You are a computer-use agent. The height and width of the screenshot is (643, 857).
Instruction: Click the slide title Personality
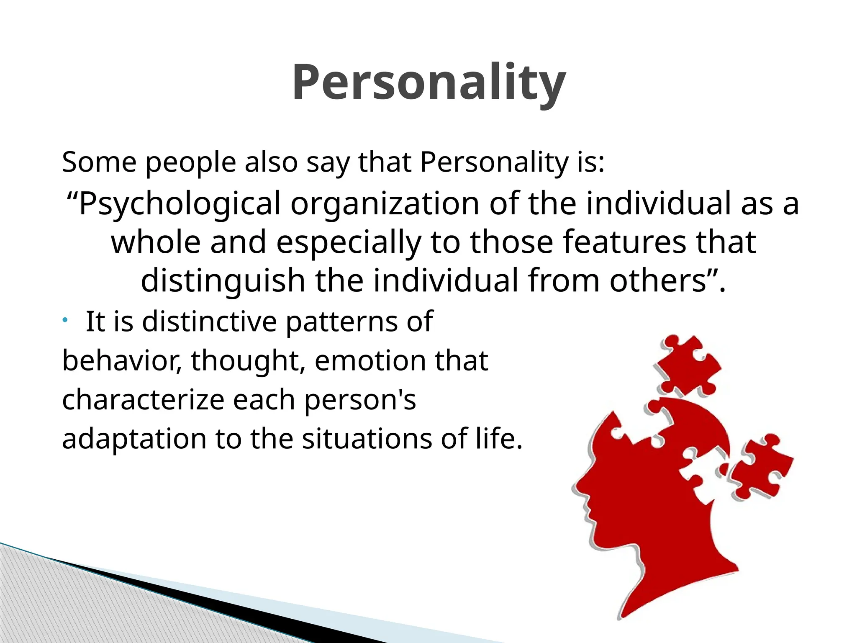tap(428, 82)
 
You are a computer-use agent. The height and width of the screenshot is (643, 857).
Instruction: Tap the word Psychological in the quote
tap(179, 204)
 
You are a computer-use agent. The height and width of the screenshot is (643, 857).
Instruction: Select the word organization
tap(385, 204)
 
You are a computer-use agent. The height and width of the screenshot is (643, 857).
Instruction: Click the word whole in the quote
tap(155, 242)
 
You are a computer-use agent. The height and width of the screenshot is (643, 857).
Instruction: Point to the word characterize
tap(143, 400)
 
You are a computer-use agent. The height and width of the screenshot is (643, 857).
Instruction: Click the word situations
tap(367, 439)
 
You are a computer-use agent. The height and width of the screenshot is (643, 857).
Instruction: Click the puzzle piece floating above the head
tap(686, 365)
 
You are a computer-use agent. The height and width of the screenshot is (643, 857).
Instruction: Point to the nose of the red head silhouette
tap(577, 488)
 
